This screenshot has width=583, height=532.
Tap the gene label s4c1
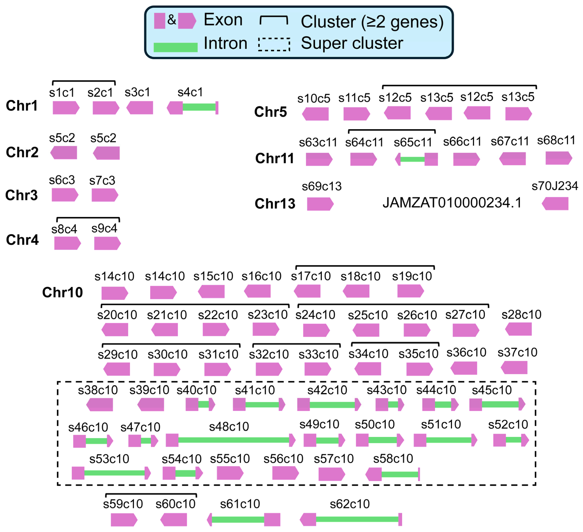click(x=190, y=92)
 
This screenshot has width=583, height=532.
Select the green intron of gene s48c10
click(x=233, y=440)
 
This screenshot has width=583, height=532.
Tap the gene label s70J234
click(x=555, y=186)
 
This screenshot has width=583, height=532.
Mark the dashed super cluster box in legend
click(x=274, y=44)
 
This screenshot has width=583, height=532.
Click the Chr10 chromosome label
click(x=63, y=292)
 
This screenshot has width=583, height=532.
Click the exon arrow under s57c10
click(x=331, y=474)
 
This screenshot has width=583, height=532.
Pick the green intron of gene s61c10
click(x=238, y=519)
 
